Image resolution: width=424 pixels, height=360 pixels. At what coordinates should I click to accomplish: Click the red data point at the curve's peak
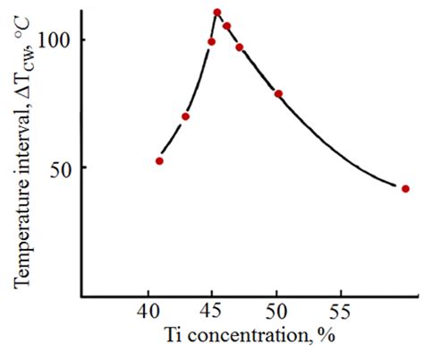click(x=217, y=13)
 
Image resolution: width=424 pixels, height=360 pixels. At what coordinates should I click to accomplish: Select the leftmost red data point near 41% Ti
click(x=159, y=161)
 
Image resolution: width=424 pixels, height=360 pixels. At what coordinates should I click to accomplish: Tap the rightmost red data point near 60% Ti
click(x=405, y=189)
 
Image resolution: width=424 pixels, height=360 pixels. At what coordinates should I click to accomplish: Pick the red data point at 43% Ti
click(x=185, y=116)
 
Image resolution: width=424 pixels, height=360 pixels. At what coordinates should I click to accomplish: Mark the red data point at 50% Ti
click(x=278, y=93)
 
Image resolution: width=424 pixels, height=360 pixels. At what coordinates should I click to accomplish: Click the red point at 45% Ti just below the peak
click(x=211, y=42)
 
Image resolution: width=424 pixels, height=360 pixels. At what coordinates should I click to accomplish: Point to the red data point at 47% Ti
click(x=239, y=47)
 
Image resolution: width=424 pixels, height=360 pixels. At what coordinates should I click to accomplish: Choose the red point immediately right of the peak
click(x=226, y=26)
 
